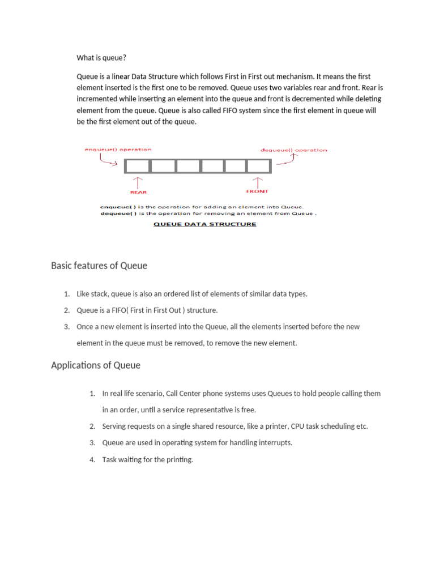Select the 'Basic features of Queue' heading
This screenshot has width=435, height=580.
tap(99, 266)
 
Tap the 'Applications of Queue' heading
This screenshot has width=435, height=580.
tap(96, 365)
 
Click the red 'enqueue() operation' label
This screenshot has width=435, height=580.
tap(118, 150)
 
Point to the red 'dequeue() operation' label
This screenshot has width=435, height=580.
tap(293, 150)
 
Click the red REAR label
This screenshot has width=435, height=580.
tap(138, 193)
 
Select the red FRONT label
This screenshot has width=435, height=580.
tap(258, 191)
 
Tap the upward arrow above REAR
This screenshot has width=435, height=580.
tap(138, 182)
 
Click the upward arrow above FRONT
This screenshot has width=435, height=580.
tap(258, 182)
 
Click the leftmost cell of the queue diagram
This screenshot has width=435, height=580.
tap(138, 166)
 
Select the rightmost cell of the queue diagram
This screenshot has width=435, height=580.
tap(258, 166)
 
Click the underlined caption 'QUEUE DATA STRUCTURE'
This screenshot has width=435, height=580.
tap(205, 224)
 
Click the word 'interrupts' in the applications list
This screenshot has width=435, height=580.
tap(275, 443)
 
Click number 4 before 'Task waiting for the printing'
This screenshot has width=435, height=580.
tap(92, 460)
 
